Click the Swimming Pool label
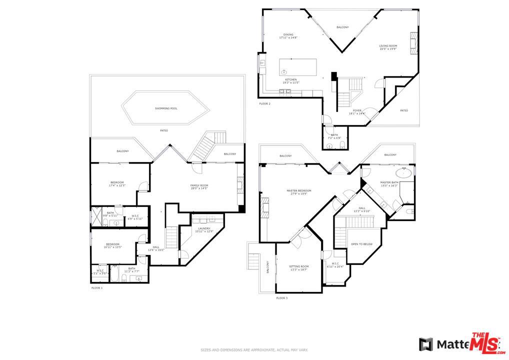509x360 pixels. tap(166, 108)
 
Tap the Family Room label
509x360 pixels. tap(199, 187)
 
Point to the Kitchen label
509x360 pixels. tap(291, 81)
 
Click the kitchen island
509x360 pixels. tap(298, 67)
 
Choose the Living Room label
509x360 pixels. tap(388, 47)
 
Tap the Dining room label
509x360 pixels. tap(288, 36)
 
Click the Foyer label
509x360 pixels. tap(357, 112)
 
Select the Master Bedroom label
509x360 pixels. tap(299, 192)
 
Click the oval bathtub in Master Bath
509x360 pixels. tap(403, 173)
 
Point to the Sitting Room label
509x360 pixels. tap(299, 268)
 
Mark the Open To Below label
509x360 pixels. tap(361, 244)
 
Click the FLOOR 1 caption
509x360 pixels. tap(97, 288)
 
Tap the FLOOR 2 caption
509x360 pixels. tap(265, 103)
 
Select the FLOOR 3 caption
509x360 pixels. tap(282, 298)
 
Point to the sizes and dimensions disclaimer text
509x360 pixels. tap(254, 350)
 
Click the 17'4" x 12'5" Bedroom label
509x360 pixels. tap(116, 184)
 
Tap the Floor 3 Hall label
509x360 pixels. tap(362, 209)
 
